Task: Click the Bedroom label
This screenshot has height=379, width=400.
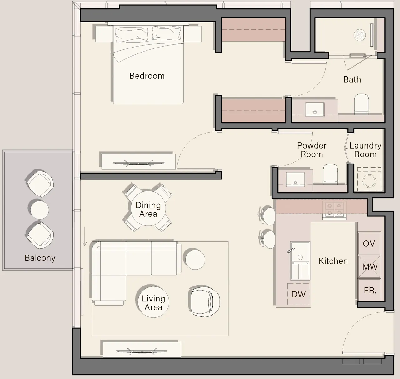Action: click(147, 76)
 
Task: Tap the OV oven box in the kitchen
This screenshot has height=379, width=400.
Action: click(369, 244)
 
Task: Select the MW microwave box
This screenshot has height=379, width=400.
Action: click(369, 267)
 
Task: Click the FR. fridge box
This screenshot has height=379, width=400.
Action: click(369, 291)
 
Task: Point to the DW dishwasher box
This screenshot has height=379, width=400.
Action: click(298, 294)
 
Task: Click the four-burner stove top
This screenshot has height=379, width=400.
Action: click(334, 210)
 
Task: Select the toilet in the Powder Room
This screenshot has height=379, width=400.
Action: click(330, 174)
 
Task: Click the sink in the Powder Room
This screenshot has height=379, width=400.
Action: click(295, 179)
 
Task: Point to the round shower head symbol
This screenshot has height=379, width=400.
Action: click(360, 35)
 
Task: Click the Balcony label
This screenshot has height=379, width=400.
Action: click(40, 258)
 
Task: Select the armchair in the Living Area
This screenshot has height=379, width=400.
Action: click(204, 301)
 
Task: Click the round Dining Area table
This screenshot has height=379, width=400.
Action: click(148, 209)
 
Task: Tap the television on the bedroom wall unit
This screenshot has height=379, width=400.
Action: click(138, 163)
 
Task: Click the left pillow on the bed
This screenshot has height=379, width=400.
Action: click(132, 34)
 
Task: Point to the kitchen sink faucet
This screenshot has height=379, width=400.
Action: click(291, 250)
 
